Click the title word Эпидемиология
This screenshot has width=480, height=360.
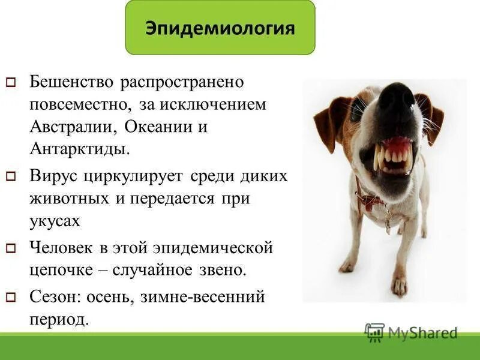click(220, 28)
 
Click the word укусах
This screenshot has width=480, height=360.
click(55, 221)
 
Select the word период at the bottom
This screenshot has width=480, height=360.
click(58, 319)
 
